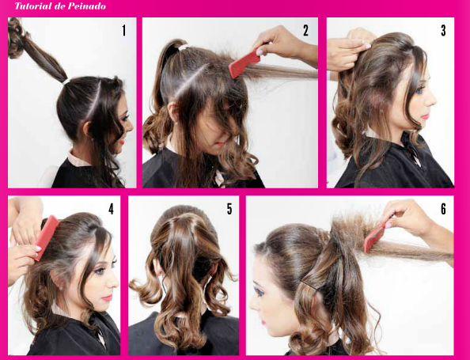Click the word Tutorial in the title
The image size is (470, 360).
tap(33, 6)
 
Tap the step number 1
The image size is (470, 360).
tap(123, 31)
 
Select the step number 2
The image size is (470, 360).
tap(305, 31)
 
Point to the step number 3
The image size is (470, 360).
tap(443, 31)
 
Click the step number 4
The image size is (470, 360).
tap(112, 209)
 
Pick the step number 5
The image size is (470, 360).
tap(229, 209)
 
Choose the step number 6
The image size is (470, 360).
tap(443, 209)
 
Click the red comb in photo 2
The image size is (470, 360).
tap(244, 63)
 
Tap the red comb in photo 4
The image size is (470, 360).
tap(47, 237)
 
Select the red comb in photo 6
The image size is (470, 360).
tap(375, 237)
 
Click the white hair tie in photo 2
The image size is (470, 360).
tap(183, 47)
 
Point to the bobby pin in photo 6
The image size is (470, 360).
tap(309, 286)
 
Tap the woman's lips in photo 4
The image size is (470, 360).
tap(107, 298)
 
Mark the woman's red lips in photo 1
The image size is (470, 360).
tap(121, 141)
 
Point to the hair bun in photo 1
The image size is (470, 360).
tap(15, 37)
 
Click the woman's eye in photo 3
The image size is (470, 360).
tap(418, 89)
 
